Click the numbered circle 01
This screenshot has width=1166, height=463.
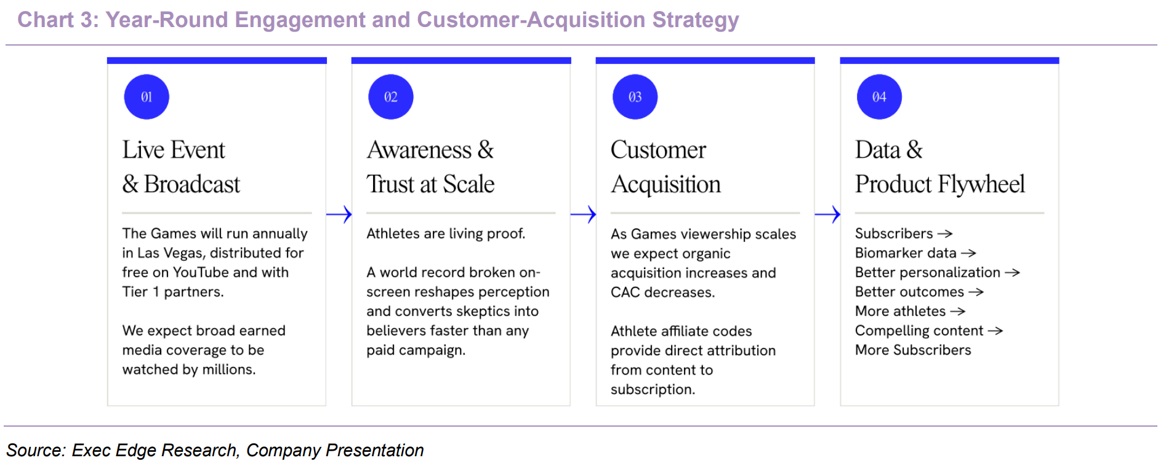pos(147,97)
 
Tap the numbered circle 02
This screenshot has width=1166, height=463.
pos(391,97)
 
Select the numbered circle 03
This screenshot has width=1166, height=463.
pos(635,97)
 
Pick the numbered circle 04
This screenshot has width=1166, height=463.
pos(879,97)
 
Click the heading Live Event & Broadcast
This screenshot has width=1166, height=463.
pos(181,167)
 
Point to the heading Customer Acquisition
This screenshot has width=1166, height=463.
pos(665,167)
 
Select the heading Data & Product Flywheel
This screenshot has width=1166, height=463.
pos(940,167)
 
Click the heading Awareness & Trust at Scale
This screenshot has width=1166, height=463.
pos(430,167)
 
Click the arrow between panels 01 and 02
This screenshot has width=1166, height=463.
pos(339,214)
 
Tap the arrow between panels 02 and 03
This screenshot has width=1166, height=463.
pos(584,214)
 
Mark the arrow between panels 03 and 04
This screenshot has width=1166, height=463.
pos(827,214)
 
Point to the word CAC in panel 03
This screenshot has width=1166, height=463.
pos(625,292)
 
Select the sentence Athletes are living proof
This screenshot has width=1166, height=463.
pos(446,233)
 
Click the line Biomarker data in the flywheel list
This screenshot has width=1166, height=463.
pos(906,253)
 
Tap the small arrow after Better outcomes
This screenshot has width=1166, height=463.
pos(976,292)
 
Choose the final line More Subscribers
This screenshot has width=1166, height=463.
pos(913,350)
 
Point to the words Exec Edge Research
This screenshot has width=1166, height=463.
pos(154,450)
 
